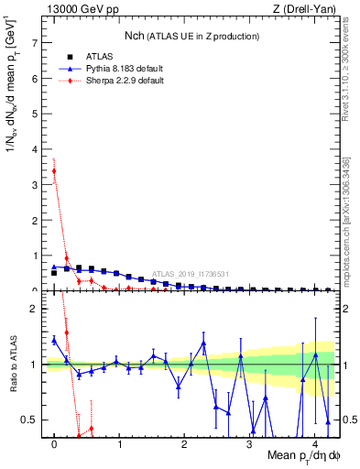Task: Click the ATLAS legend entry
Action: pos(100,56)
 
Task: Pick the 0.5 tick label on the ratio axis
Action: pos(30,420)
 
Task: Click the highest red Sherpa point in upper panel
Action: pos(54,170)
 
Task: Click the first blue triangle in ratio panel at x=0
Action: pos(54,340)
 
